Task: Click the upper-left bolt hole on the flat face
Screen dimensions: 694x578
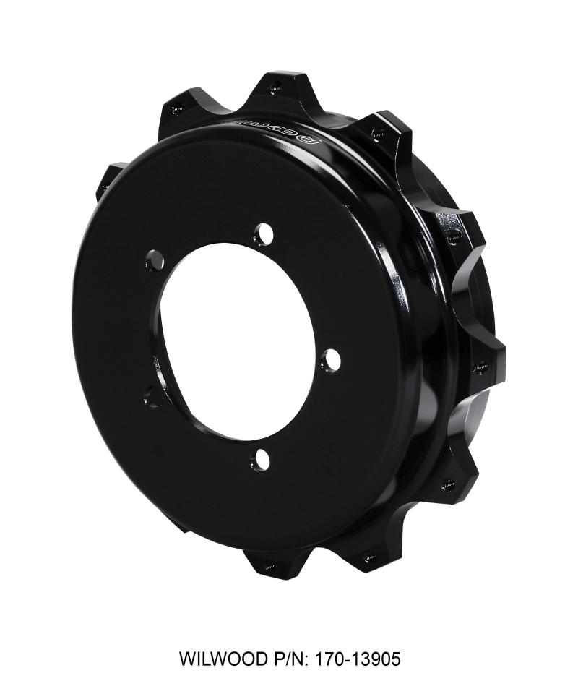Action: pyautogui.click(x=155, y=258)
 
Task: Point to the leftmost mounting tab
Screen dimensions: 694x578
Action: pyautogui.click(x=108, y=181)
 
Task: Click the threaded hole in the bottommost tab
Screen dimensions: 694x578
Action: pyautogui.click(x=269, y=566)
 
